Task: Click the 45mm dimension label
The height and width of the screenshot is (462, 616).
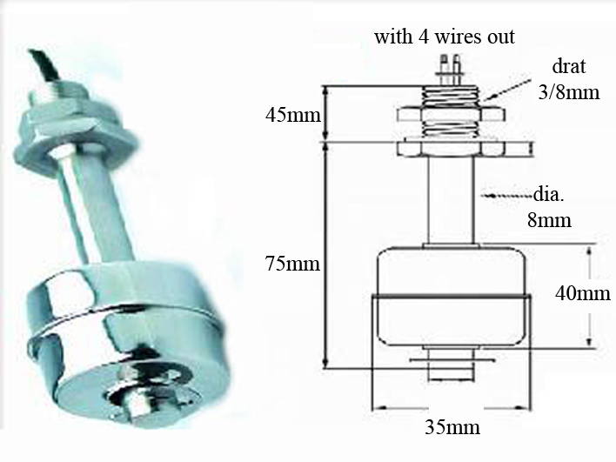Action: (293, 116)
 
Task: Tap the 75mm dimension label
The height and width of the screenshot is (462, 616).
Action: (292, 264)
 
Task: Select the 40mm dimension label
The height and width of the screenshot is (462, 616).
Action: (583, 293)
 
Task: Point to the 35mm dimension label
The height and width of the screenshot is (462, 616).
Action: (452, 427)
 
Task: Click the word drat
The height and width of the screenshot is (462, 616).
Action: (569, 66)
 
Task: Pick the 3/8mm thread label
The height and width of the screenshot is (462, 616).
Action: (569, 93)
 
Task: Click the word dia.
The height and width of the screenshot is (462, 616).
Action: (549, 195)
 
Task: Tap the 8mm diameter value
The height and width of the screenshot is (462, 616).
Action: (549, 220)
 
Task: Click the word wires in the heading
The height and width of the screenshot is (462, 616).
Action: (457, 37)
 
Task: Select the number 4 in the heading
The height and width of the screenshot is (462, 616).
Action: (423, 37)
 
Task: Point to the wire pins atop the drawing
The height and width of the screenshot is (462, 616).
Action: (450, 70)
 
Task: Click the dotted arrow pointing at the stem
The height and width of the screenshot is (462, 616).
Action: (507, 195)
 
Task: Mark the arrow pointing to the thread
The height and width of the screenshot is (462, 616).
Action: (506, 87)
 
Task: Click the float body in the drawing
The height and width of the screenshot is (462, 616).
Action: (452, 296)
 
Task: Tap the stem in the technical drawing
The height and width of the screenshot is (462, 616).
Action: (451, 199)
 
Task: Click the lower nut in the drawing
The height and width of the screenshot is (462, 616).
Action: (451, 149)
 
